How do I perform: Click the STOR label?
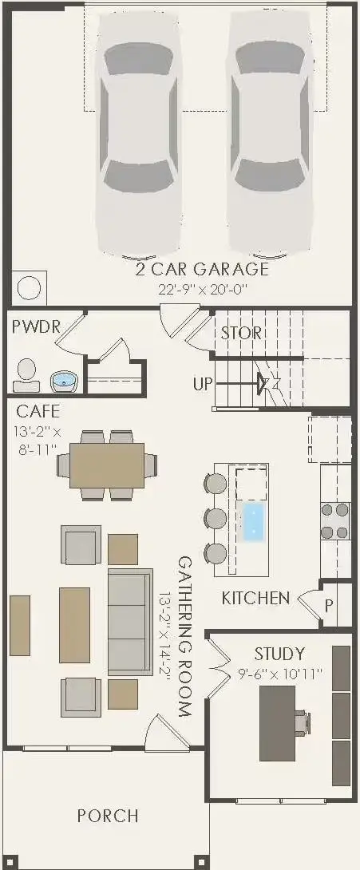tap(241, 333)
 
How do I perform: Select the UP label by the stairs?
tap(203, 384)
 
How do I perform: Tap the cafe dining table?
tap(107, 465)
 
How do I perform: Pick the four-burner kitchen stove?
tap(334, 520)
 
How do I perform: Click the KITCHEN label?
tap(255, 598)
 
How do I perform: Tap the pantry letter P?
tap(329, 604)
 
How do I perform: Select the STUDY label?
tap(279, 654)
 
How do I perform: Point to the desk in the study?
tap(277, 722)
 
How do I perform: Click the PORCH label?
tap(108, 816)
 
